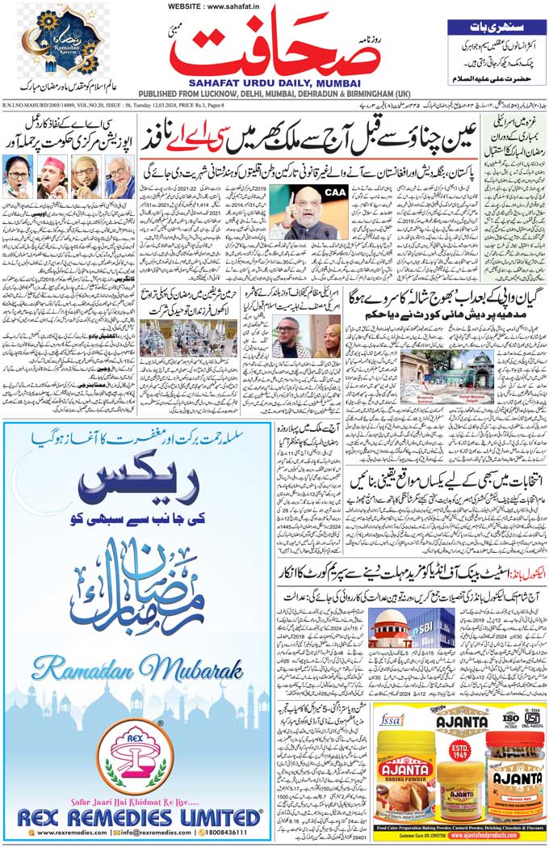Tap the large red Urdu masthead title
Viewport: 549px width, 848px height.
274,49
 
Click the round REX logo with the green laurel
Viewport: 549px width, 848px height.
135,757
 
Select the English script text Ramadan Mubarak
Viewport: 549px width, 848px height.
137,670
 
